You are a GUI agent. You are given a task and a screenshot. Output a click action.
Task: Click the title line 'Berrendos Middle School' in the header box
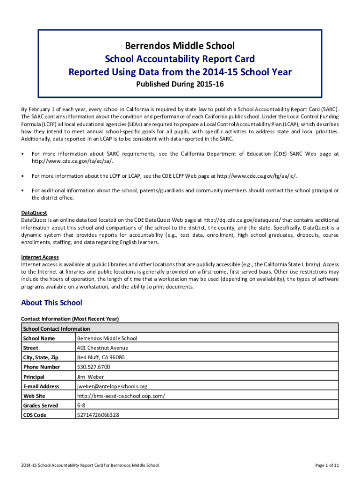click(x=180, y=46)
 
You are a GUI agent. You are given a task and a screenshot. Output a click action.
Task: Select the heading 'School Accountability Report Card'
click(x=180, y=59)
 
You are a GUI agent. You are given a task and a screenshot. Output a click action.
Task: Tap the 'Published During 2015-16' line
click(x=180, y=85)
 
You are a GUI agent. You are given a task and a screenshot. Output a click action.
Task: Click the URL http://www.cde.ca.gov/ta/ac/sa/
click(x=72, y=161)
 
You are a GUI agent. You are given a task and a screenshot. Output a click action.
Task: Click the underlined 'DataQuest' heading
click(x=34, y=213)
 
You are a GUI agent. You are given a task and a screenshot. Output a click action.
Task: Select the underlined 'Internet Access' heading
click(x=40, y=257)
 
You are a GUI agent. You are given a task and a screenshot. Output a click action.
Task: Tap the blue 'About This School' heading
click(x=51, y=303)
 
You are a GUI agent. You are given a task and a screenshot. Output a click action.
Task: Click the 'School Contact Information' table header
click(x=56, y=329)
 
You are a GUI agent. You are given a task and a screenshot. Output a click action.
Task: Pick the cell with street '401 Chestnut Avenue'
click(x=102, y=348)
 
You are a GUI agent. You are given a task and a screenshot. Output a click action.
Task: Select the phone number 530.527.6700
click(x=94, y=367)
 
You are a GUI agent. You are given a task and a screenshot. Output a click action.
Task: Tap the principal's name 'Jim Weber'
click(x=90, y=377)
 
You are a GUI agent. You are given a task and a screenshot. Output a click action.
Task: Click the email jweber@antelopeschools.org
click(x=112, y=386)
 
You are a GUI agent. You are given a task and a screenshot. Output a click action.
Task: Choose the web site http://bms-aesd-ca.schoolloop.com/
click(x=121, y=396)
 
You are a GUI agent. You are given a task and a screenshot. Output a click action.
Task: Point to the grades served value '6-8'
click(x=81, y=406)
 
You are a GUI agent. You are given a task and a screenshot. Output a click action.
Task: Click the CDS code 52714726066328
click(x=98, y=415)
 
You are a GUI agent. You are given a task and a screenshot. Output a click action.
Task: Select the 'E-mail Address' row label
click(x=41, y=386)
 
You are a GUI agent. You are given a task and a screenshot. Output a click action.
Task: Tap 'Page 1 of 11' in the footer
click(x=327, y=465)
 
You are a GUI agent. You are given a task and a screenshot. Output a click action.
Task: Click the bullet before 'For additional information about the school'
click(x=23, y=191)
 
